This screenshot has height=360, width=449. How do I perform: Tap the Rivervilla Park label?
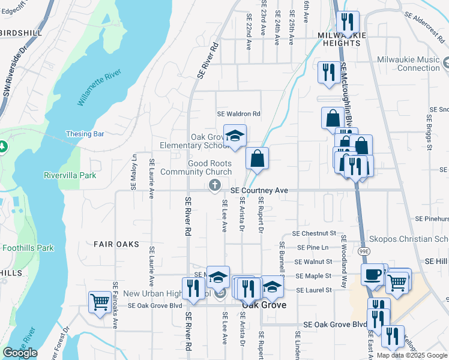(70, 176)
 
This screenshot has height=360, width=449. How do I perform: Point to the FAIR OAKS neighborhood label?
(116, 244)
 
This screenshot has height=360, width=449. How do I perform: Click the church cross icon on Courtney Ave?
(214, 187)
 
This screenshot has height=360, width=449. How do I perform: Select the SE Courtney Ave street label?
(260, 190)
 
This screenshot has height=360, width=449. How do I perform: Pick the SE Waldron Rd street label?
(239, 113)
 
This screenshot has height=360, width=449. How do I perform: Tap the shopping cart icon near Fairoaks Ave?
(100, 301)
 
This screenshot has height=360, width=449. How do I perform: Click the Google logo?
(19, 353)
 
